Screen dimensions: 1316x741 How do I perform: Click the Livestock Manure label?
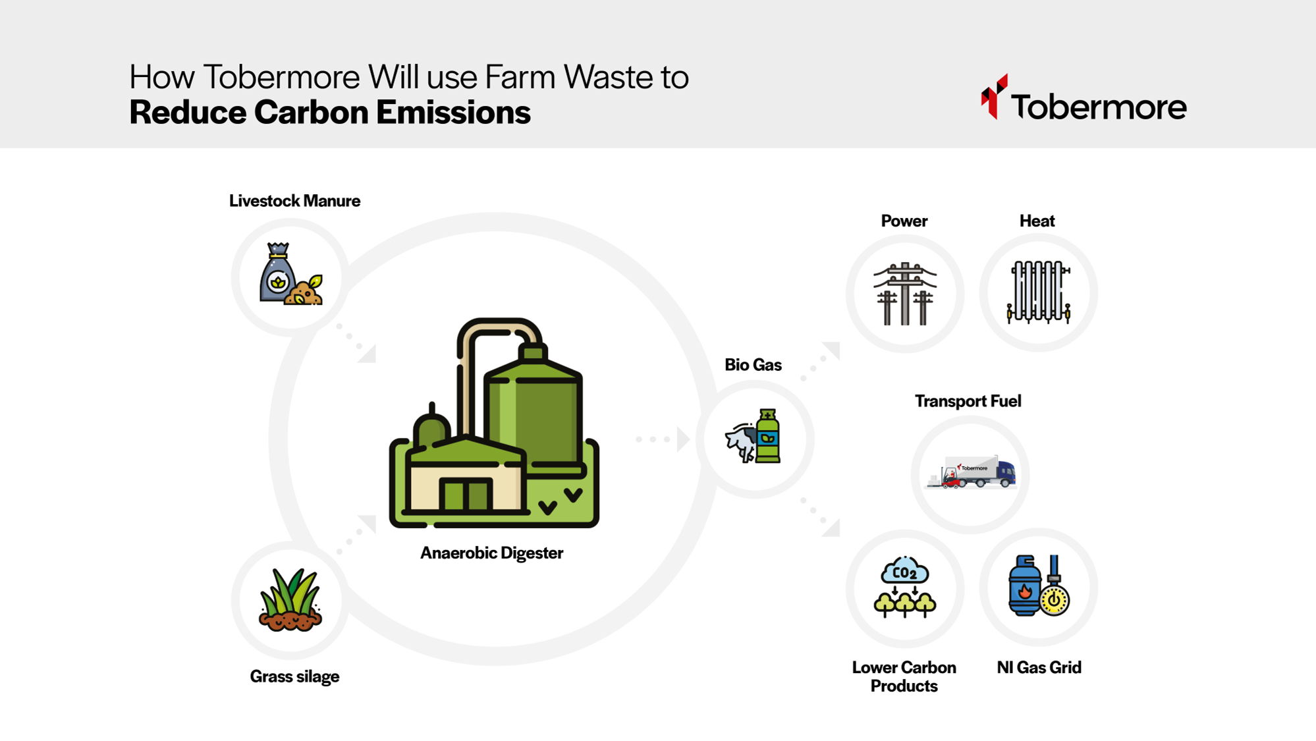(x=294, y=201)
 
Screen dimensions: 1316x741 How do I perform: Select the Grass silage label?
(x=294, y=676)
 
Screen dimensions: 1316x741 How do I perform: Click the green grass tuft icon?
(x=290, y=599)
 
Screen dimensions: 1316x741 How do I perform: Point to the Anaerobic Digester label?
(x=491, y=553)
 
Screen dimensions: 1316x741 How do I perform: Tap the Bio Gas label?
(x=753, y=365)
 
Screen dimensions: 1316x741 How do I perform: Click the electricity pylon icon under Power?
(x=905, y=293)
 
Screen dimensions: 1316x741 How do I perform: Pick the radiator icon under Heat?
(x=1038, y=292)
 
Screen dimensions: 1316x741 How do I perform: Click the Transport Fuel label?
(x=968, y=401)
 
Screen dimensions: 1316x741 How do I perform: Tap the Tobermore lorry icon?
(x=971, y=472)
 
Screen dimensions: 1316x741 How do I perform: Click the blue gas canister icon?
(x=1024, y=586)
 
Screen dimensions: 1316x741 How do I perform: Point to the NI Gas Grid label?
(x=1039, y=667)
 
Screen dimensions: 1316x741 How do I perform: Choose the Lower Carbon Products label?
(x=904, y=676)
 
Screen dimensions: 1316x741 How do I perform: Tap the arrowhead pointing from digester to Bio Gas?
(x=683, y=439)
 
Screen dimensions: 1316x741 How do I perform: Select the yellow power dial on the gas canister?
(x=1055, y=600)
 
